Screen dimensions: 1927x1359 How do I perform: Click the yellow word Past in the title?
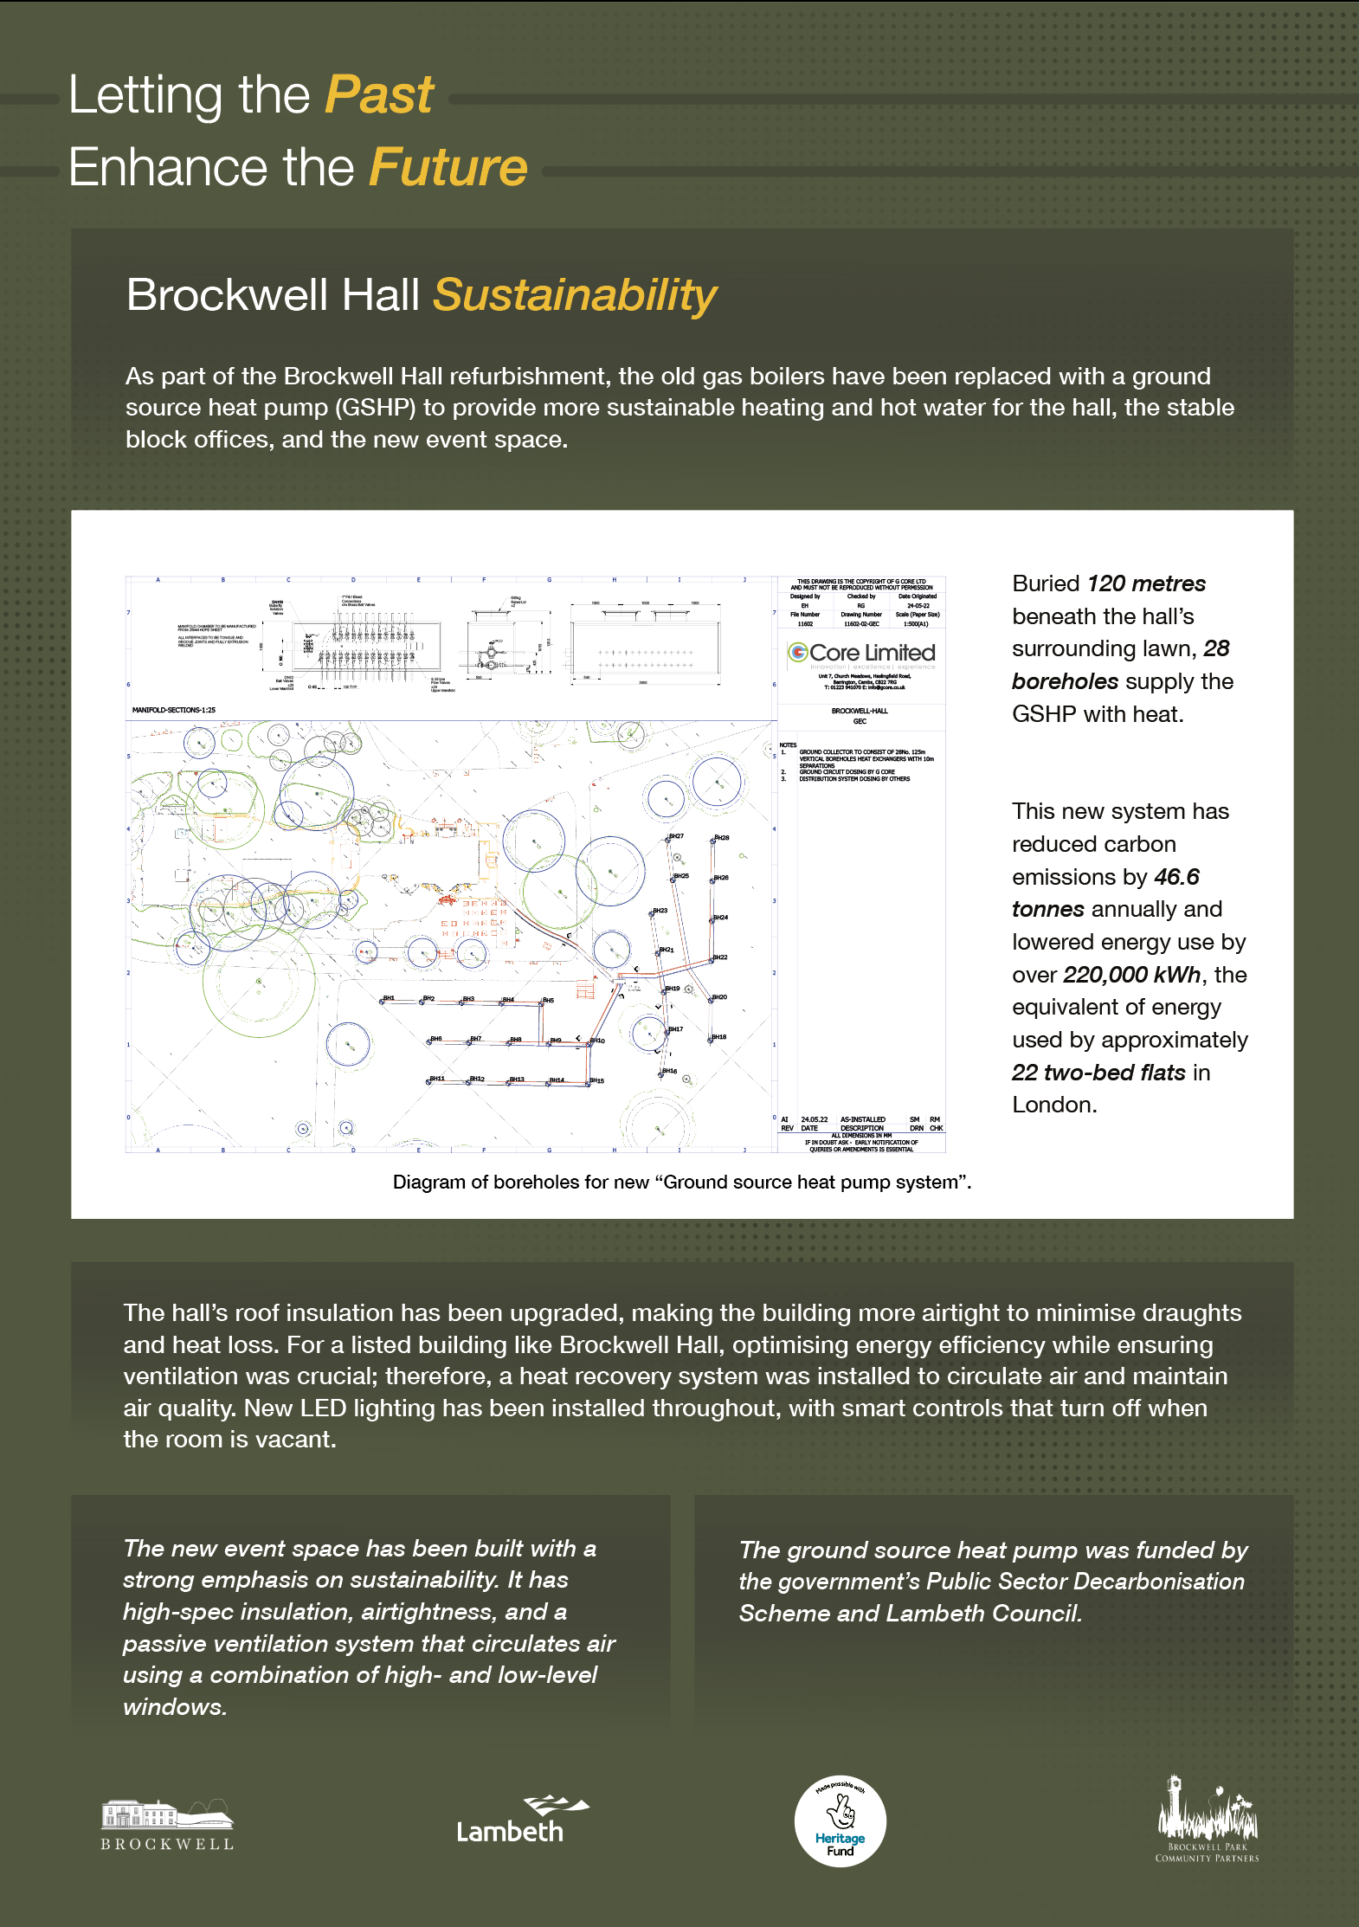pyautogui.click(x=378, y=94)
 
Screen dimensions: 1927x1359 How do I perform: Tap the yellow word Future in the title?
pyautogui.click(x=448, y=167)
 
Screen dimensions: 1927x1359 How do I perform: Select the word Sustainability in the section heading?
pyautogui.click(x=575, y=295)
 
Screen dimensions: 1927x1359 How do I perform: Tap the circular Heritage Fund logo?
pyautogui.click(x=840, y=1821)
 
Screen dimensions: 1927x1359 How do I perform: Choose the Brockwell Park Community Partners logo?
pyautogui.click(x=1207, y=1818)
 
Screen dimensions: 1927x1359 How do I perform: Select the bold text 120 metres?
pyautogui.click(x=1146, y=583)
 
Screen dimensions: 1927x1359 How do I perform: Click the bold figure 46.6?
pyautogui.click(x=1176, y=877)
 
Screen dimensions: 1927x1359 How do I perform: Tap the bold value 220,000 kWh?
pyautogui.click(x=1131, y=975)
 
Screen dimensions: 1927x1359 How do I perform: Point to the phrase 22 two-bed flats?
pyautogui.click(x=1098, y=1073)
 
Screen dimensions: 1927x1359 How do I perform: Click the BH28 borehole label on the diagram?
pyautogui.click(x=722, y=838)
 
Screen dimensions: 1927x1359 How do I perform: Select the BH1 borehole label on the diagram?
pyautogui.click(x=389, y=998)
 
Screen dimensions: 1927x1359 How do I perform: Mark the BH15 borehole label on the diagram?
pyautogui.click(x=596, y=1080)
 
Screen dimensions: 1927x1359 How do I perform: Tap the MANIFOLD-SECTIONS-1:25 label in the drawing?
pyautogui.click(x=174, y=710)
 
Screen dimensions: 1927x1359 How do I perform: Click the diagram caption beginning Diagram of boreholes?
pyautogui.click(x=682, y=1183)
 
